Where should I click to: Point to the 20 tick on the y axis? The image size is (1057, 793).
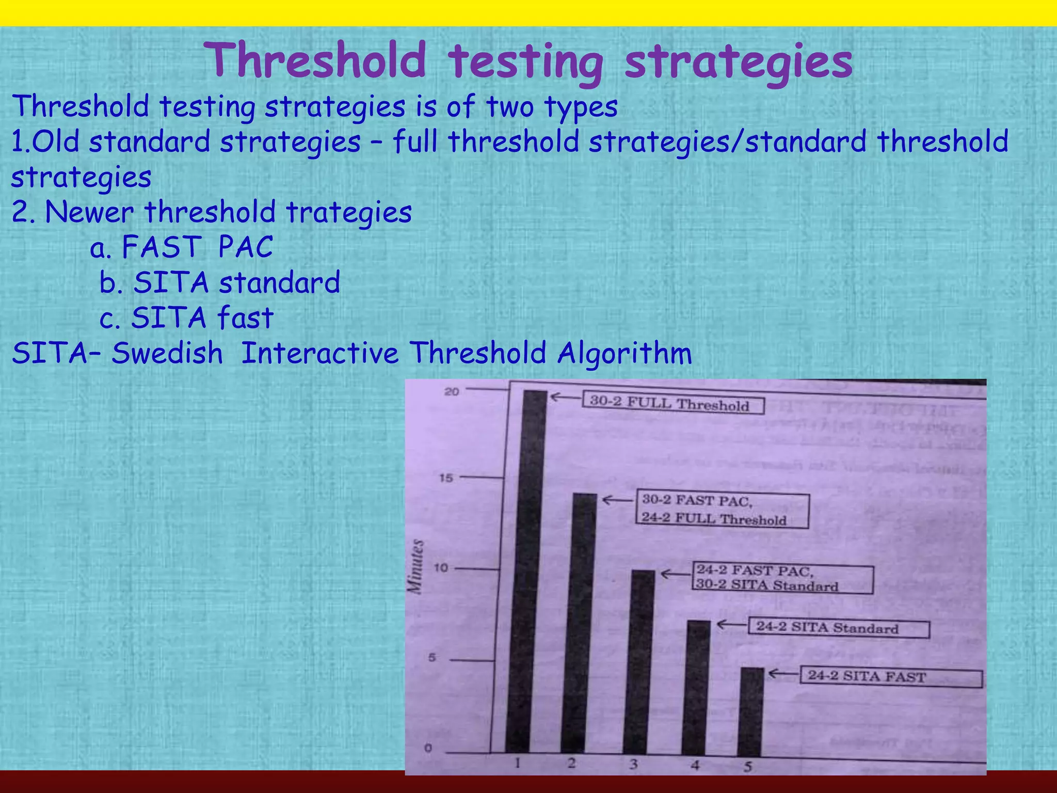452,392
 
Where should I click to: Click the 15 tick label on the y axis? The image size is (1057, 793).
446,478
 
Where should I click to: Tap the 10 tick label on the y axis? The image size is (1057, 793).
440,568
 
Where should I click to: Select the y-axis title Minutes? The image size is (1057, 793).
417,566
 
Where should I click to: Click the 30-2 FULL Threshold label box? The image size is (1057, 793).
672,403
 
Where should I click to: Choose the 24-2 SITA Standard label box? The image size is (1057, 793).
838,628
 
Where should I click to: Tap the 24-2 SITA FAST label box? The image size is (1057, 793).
890,677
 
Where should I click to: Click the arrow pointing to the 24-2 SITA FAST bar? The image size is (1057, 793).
783,674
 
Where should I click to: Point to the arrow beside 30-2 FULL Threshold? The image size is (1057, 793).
565,398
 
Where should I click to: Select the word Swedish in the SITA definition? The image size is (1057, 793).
167,354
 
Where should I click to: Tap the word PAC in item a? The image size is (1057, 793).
245,247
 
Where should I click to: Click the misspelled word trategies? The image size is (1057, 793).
349,212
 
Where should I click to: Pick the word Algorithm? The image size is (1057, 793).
624,354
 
